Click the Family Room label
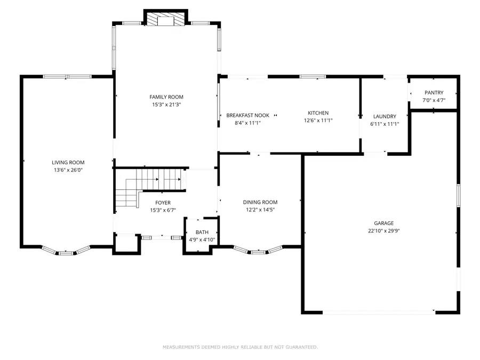point(166,97)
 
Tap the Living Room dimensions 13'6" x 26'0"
point(68,171)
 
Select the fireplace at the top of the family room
point(166,19)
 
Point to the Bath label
point(202,232)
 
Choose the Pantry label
point(434,93)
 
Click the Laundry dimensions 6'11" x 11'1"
point(385,124)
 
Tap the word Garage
point(383,223)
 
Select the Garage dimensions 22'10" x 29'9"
point(383,231)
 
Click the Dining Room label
point(260,202)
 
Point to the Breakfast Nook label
point(247,115)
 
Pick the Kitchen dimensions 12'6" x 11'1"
point(318,121)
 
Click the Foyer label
point(163,203)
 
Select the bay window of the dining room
point(258,250)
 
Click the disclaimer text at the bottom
point(240,347)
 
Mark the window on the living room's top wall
point(67,77)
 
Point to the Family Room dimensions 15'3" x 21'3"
point(166,105)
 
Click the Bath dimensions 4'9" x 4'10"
point(202,240)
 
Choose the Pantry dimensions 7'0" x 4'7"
point(434,100)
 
